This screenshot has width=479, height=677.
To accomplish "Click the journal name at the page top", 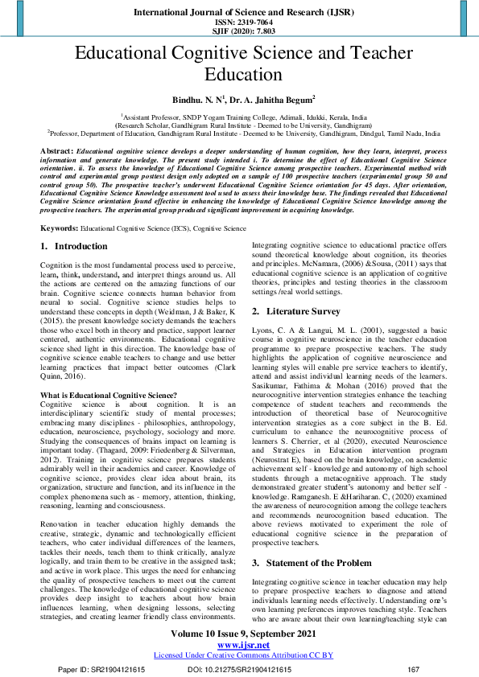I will (239, 13).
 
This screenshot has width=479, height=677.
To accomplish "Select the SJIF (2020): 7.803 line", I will (239, 31).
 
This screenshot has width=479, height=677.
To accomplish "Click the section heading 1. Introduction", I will (73, 246).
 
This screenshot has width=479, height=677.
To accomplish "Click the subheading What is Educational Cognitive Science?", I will (108, 395).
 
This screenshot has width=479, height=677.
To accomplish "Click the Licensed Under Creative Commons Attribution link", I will (239, 654).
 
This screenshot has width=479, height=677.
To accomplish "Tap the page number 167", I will (414, 669).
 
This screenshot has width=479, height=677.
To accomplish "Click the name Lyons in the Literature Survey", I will (264, 329).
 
